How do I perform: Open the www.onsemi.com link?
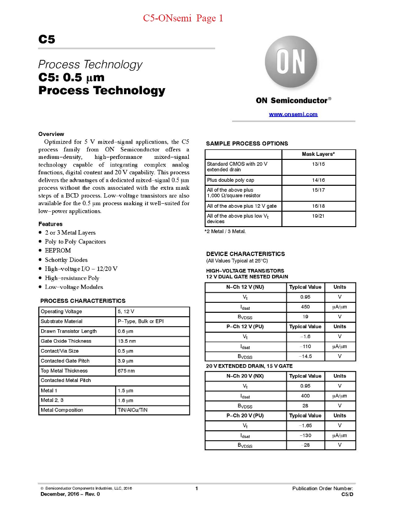pos(293,114)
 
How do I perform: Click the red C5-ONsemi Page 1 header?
pos(183,18)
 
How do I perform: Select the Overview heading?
pos(51,134)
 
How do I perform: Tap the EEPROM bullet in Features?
pos(58,251)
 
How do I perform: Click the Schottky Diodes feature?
pos(66,259)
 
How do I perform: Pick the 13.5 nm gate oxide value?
pos(127,341)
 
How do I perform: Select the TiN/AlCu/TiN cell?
pos(132,410)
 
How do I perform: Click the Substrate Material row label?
pos(62,321)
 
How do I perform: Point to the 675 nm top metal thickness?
pos(126,371)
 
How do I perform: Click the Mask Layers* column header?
pos(318,154)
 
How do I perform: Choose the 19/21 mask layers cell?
pos(318,216)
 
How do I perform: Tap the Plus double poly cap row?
pos(231,180)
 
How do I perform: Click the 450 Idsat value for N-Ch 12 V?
pos(305,307)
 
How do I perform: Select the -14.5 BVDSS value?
pos(305,356)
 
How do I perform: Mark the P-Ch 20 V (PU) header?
pos(245,415)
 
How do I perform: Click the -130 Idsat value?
pos(305,435)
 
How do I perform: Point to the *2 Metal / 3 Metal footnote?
pos(225,232)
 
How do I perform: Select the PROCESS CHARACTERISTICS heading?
pos(83,301)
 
